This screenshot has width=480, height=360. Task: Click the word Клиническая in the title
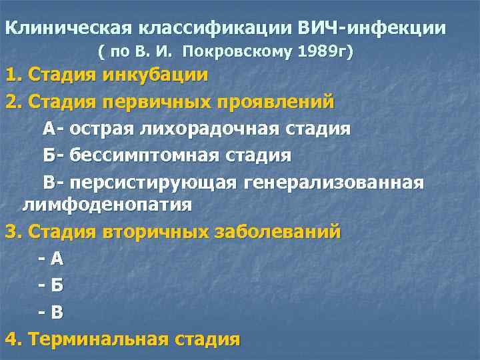click(69, 29)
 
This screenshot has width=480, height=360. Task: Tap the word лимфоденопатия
click(107, 204)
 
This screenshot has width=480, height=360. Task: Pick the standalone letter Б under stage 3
click(57, 285)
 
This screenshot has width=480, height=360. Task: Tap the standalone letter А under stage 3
click(57, 258)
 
